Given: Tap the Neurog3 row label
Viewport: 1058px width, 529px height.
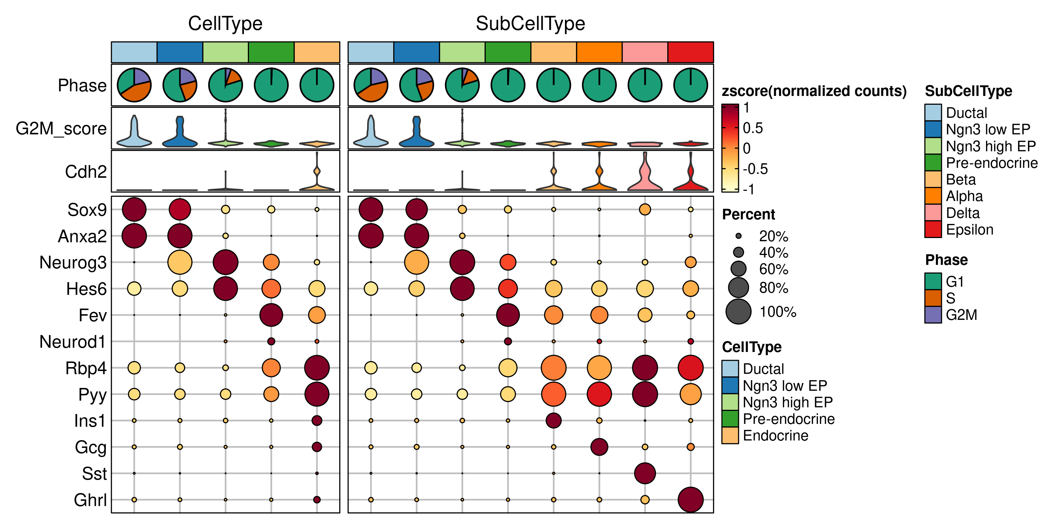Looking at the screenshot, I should point(73,262).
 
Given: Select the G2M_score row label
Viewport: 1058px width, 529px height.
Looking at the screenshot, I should point(61,129).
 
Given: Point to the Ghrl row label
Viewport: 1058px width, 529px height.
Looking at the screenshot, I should point(90,500).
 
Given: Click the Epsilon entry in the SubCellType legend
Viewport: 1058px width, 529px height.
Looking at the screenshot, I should point(969,230).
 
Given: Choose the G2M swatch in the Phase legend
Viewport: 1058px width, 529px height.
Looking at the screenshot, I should point(933,315).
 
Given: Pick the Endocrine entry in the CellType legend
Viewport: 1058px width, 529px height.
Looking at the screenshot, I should point(775,435).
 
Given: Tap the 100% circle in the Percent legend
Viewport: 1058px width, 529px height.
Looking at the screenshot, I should point(738,312).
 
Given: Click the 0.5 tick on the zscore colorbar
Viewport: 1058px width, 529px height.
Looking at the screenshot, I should point(753,128).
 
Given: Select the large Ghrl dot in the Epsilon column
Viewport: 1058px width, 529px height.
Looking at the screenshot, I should point(691,499).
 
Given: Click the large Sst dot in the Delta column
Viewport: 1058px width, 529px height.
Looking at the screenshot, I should point(645,473).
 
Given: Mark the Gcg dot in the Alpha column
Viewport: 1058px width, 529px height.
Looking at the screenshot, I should point(599,447).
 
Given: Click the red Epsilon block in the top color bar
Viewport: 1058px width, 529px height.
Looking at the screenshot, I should point(691,52).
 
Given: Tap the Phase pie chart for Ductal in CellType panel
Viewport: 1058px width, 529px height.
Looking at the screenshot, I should point(134,85).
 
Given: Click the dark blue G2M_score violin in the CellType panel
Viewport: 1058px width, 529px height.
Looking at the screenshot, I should point(180,133).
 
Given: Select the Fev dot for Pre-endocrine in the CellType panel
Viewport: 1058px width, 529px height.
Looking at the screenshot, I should point(271,315).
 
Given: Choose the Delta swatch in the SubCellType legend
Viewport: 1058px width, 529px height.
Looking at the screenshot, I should point(933,213).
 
